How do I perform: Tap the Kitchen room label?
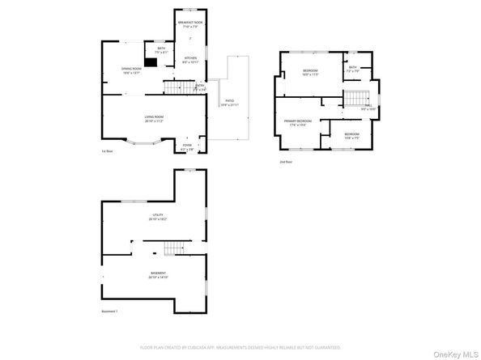click(x=190, y=59)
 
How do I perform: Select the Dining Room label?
click(x=131, y=70)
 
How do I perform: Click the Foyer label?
click(x=187, y=146)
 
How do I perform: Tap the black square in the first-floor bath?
click(x=151, y=61)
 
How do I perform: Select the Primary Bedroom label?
click(x=299, y=123)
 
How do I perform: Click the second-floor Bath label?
click(x=352, y=69)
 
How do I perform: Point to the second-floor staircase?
click(x=354, y=100)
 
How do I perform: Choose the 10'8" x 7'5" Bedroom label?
click(x=351, y=135)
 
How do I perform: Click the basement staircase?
click(x=173, y=248)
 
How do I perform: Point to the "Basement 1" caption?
click(x=109, y=311)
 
